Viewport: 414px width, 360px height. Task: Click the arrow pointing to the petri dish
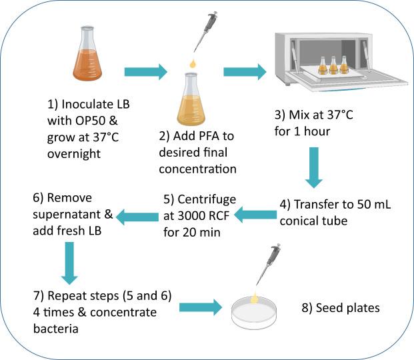(x=199, y=307)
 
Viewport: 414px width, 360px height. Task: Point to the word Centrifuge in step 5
(x=197, y=199)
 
